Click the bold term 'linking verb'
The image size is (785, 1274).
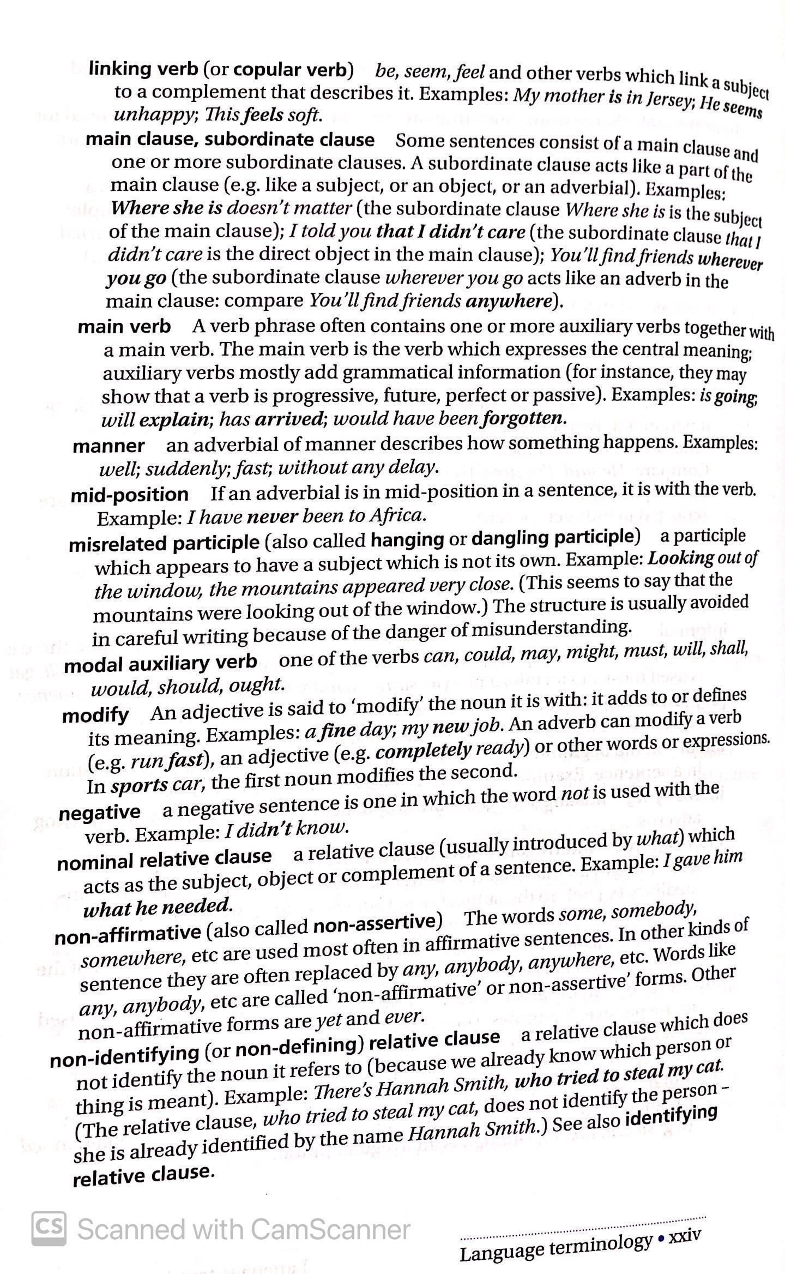[x=143, y=69]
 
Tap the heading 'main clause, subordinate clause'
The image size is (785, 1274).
[x=230, y=140]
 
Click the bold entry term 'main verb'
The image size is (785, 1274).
[x=124, y=327]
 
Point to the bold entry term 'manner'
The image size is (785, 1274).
[x=108, y=446]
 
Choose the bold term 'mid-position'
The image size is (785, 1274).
[x=130, y=495]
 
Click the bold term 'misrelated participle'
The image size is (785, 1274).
[x=164, y=543]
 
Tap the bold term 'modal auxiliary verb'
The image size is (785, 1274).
[x=161, y=663]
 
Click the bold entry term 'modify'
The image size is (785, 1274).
[x=95, y=715]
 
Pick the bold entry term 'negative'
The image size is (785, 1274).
[x=99, y=813]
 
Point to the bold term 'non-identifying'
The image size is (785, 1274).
[x=124, y=1056]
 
